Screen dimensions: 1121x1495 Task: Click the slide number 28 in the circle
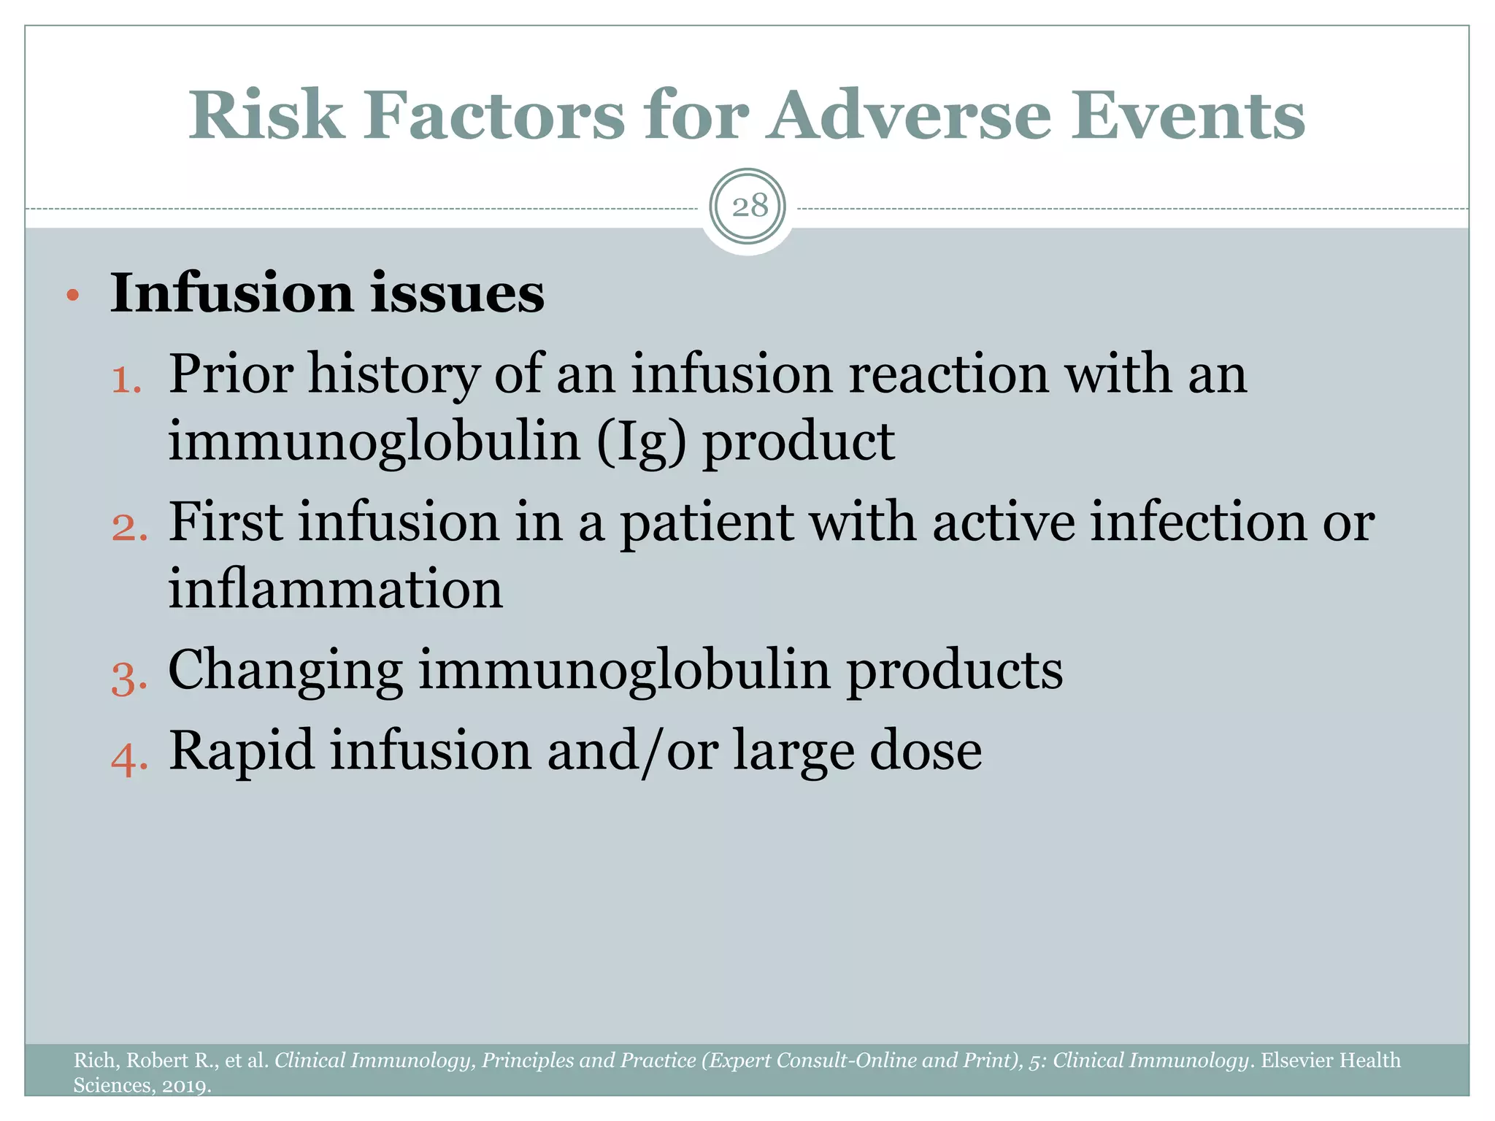[749, 207]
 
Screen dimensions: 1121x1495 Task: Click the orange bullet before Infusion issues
[72, 296]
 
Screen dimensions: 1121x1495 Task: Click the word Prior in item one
[231, 374]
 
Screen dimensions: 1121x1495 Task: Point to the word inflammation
[335, 590]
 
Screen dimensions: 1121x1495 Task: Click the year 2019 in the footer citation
[184, 1086]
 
